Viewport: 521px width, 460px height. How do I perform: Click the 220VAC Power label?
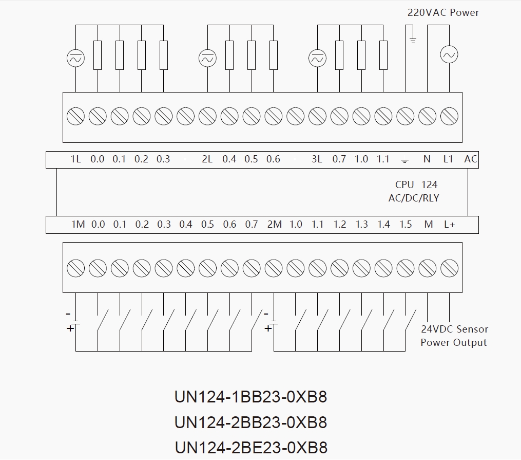[443, 12]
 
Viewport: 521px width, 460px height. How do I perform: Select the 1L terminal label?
[75, 159]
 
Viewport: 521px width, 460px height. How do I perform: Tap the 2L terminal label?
[207, 159]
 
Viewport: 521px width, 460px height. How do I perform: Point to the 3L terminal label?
[317, 159]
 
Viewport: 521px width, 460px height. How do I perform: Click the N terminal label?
[427, 159]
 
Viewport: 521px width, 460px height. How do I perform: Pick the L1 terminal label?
[449, 159]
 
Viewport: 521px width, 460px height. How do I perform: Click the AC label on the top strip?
[470, 159]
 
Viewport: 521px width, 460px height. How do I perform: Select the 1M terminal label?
[78, 225]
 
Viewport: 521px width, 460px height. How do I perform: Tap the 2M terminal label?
[274, 225]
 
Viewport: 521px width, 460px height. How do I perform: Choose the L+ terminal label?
[450, 225]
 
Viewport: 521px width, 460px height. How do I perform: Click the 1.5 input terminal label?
[406, 225]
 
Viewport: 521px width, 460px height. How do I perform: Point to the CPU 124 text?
[416, 185]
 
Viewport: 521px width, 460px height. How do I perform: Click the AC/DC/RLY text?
[414, 198]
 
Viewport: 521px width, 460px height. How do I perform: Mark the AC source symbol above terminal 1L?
[75, 59]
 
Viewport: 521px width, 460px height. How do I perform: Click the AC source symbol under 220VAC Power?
[449, 54]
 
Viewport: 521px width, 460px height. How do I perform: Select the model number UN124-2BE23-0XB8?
[251, 447]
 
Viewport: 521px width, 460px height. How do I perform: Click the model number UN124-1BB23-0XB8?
[251, 397]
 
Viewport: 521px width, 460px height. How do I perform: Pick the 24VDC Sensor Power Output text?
[454, 336]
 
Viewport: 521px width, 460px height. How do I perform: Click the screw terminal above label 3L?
[317, 116]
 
